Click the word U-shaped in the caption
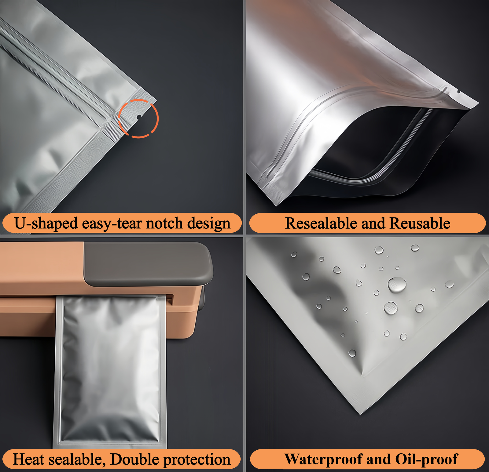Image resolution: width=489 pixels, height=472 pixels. point(46,223)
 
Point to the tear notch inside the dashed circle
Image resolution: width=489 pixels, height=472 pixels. point(139,117)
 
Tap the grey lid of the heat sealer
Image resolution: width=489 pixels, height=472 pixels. point(147,263)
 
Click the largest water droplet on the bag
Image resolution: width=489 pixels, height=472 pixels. point(397,285)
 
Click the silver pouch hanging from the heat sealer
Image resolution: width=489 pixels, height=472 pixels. point(110,369)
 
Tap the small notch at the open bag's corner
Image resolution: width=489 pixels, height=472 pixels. point(458,91)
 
